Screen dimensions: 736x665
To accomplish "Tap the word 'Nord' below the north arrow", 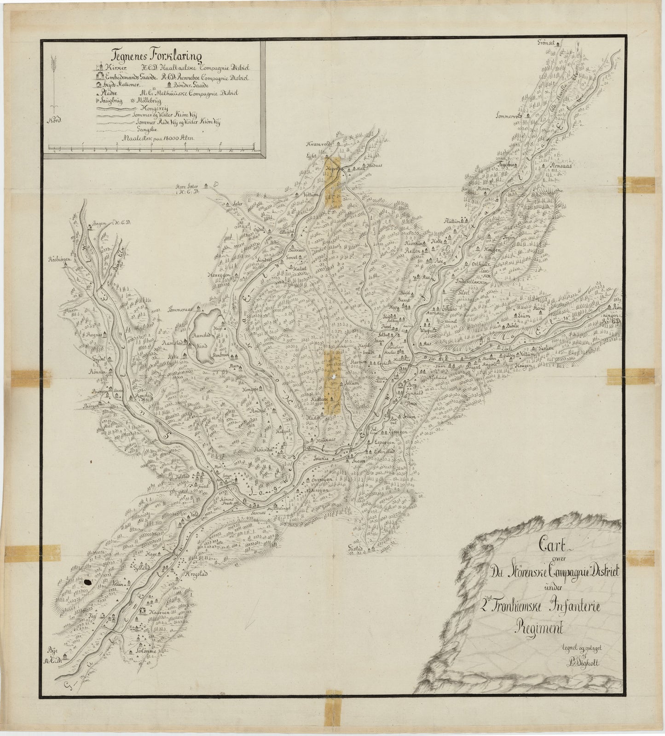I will pyautogui.click(x=55, y=122).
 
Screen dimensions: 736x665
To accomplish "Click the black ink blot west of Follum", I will pyautogui.click(x=87, y=583).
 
